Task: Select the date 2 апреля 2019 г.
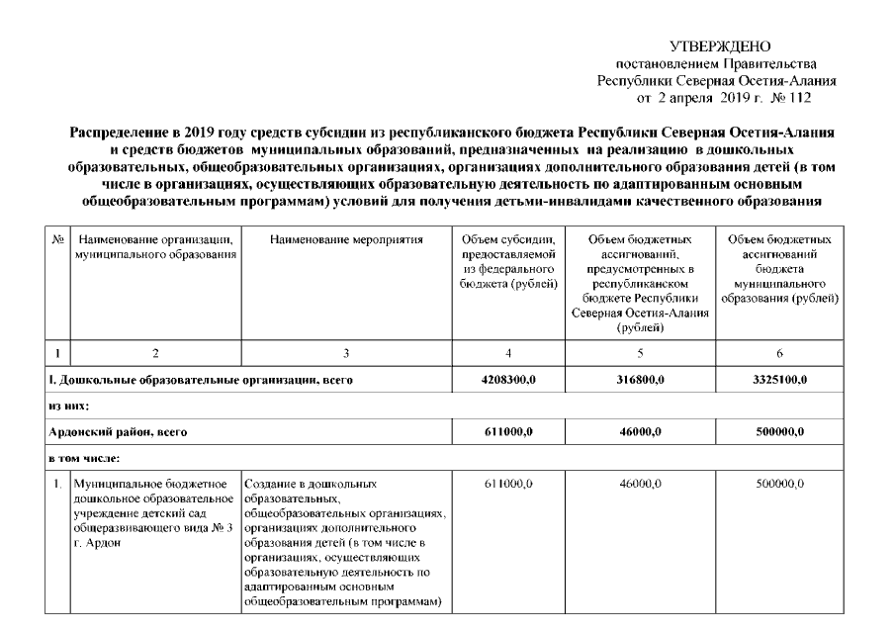point(702,99)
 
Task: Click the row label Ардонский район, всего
point(118,432)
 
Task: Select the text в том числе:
point(78,458)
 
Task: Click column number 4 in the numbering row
point(508,351)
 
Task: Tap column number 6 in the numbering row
point(780,351)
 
